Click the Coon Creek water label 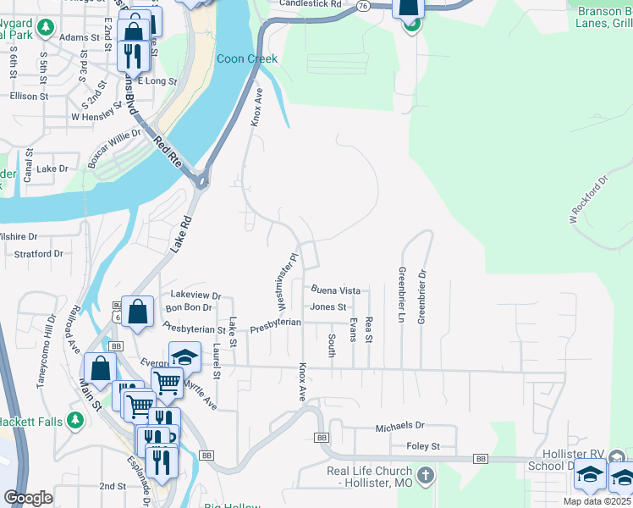pos(247,58)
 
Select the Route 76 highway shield pos(363,5)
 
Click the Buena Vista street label pos(336,290)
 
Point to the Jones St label pos(328,307)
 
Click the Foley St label pos(423,446)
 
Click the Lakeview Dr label pos(195,295)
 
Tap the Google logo pos(29,498)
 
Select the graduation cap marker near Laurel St pos(184,357)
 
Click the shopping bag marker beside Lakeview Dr pos(137,311)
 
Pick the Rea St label pos(369,331)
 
